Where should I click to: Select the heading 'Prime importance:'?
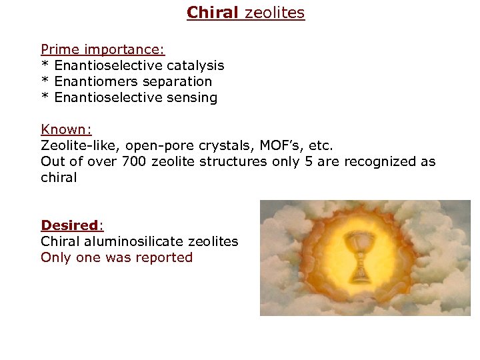(x=103, y=49)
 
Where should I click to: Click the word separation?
(x=179, y=81)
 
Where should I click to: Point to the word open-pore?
(x=145, y=145)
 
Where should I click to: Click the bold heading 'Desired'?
(x=69, y=225)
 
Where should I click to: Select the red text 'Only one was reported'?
(x=117, y=257)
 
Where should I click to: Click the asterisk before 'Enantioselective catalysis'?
(x=45, y=66)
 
